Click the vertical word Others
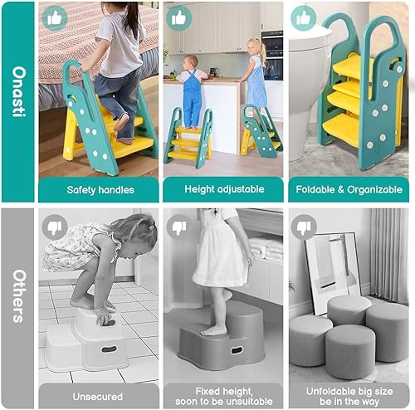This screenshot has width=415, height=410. [x=17, y=308]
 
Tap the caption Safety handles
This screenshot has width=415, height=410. [x=99, y=188]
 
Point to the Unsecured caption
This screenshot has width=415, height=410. [x=99, y=396]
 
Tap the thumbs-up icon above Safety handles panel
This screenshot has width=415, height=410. [x=56, y=17]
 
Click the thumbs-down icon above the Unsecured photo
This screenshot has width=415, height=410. [x=56, y=226]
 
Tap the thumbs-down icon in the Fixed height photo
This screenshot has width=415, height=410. [x=179, y=226]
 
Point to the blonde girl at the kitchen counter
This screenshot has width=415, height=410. [x=254, y=79]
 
